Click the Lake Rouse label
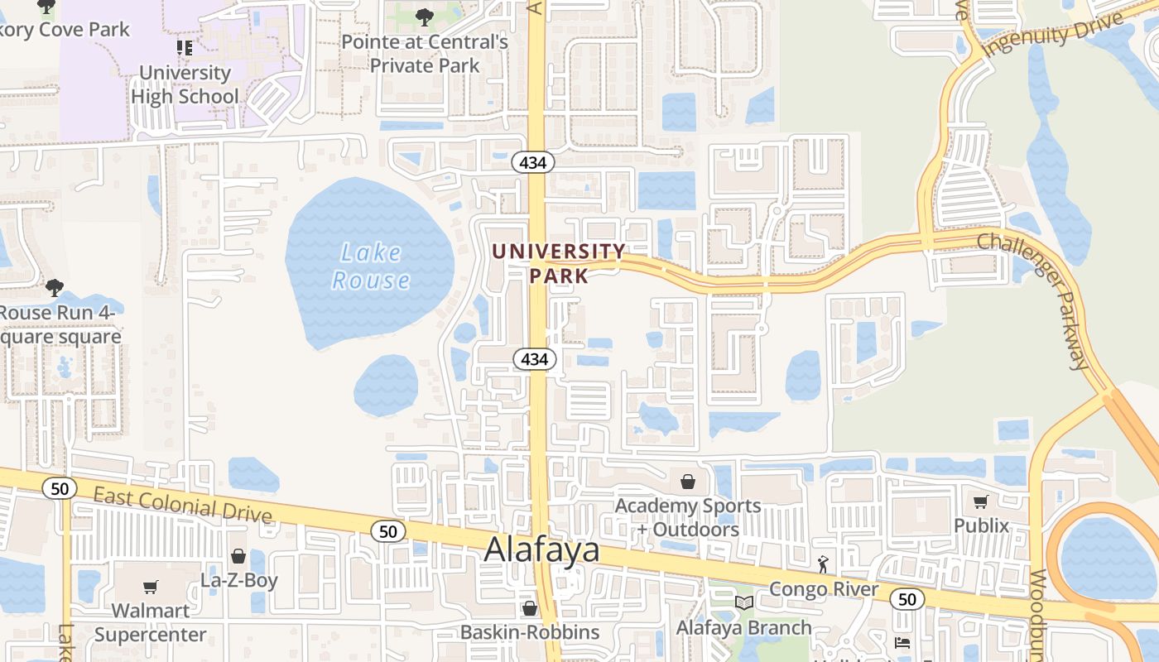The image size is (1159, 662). point(371,266)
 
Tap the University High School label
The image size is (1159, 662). point(185,84)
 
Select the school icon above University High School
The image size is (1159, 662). point(185,48)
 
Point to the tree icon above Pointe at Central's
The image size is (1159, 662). point(424,17)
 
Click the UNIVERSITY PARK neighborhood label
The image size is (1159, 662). point(559,262)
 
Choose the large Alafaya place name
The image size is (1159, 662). point(541,549)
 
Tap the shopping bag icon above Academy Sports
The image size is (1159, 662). point(687,481)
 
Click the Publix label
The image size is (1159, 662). point(982,525)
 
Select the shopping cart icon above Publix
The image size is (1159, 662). point(981,501)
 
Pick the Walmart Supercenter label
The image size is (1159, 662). point(150,622)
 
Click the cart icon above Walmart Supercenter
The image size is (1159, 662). point(150,587)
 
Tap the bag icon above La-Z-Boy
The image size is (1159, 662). point(238,556)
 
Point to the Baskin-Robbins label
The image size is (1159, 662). point(530,632)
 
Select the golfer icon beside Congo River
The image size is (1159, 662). point(823,564)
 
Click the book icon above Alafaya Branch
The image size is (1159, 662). point(744,602)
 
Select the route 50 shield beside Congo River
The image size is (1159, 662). point(908,599)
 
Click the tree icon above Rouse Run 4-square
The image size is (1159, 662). point(55,288)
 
